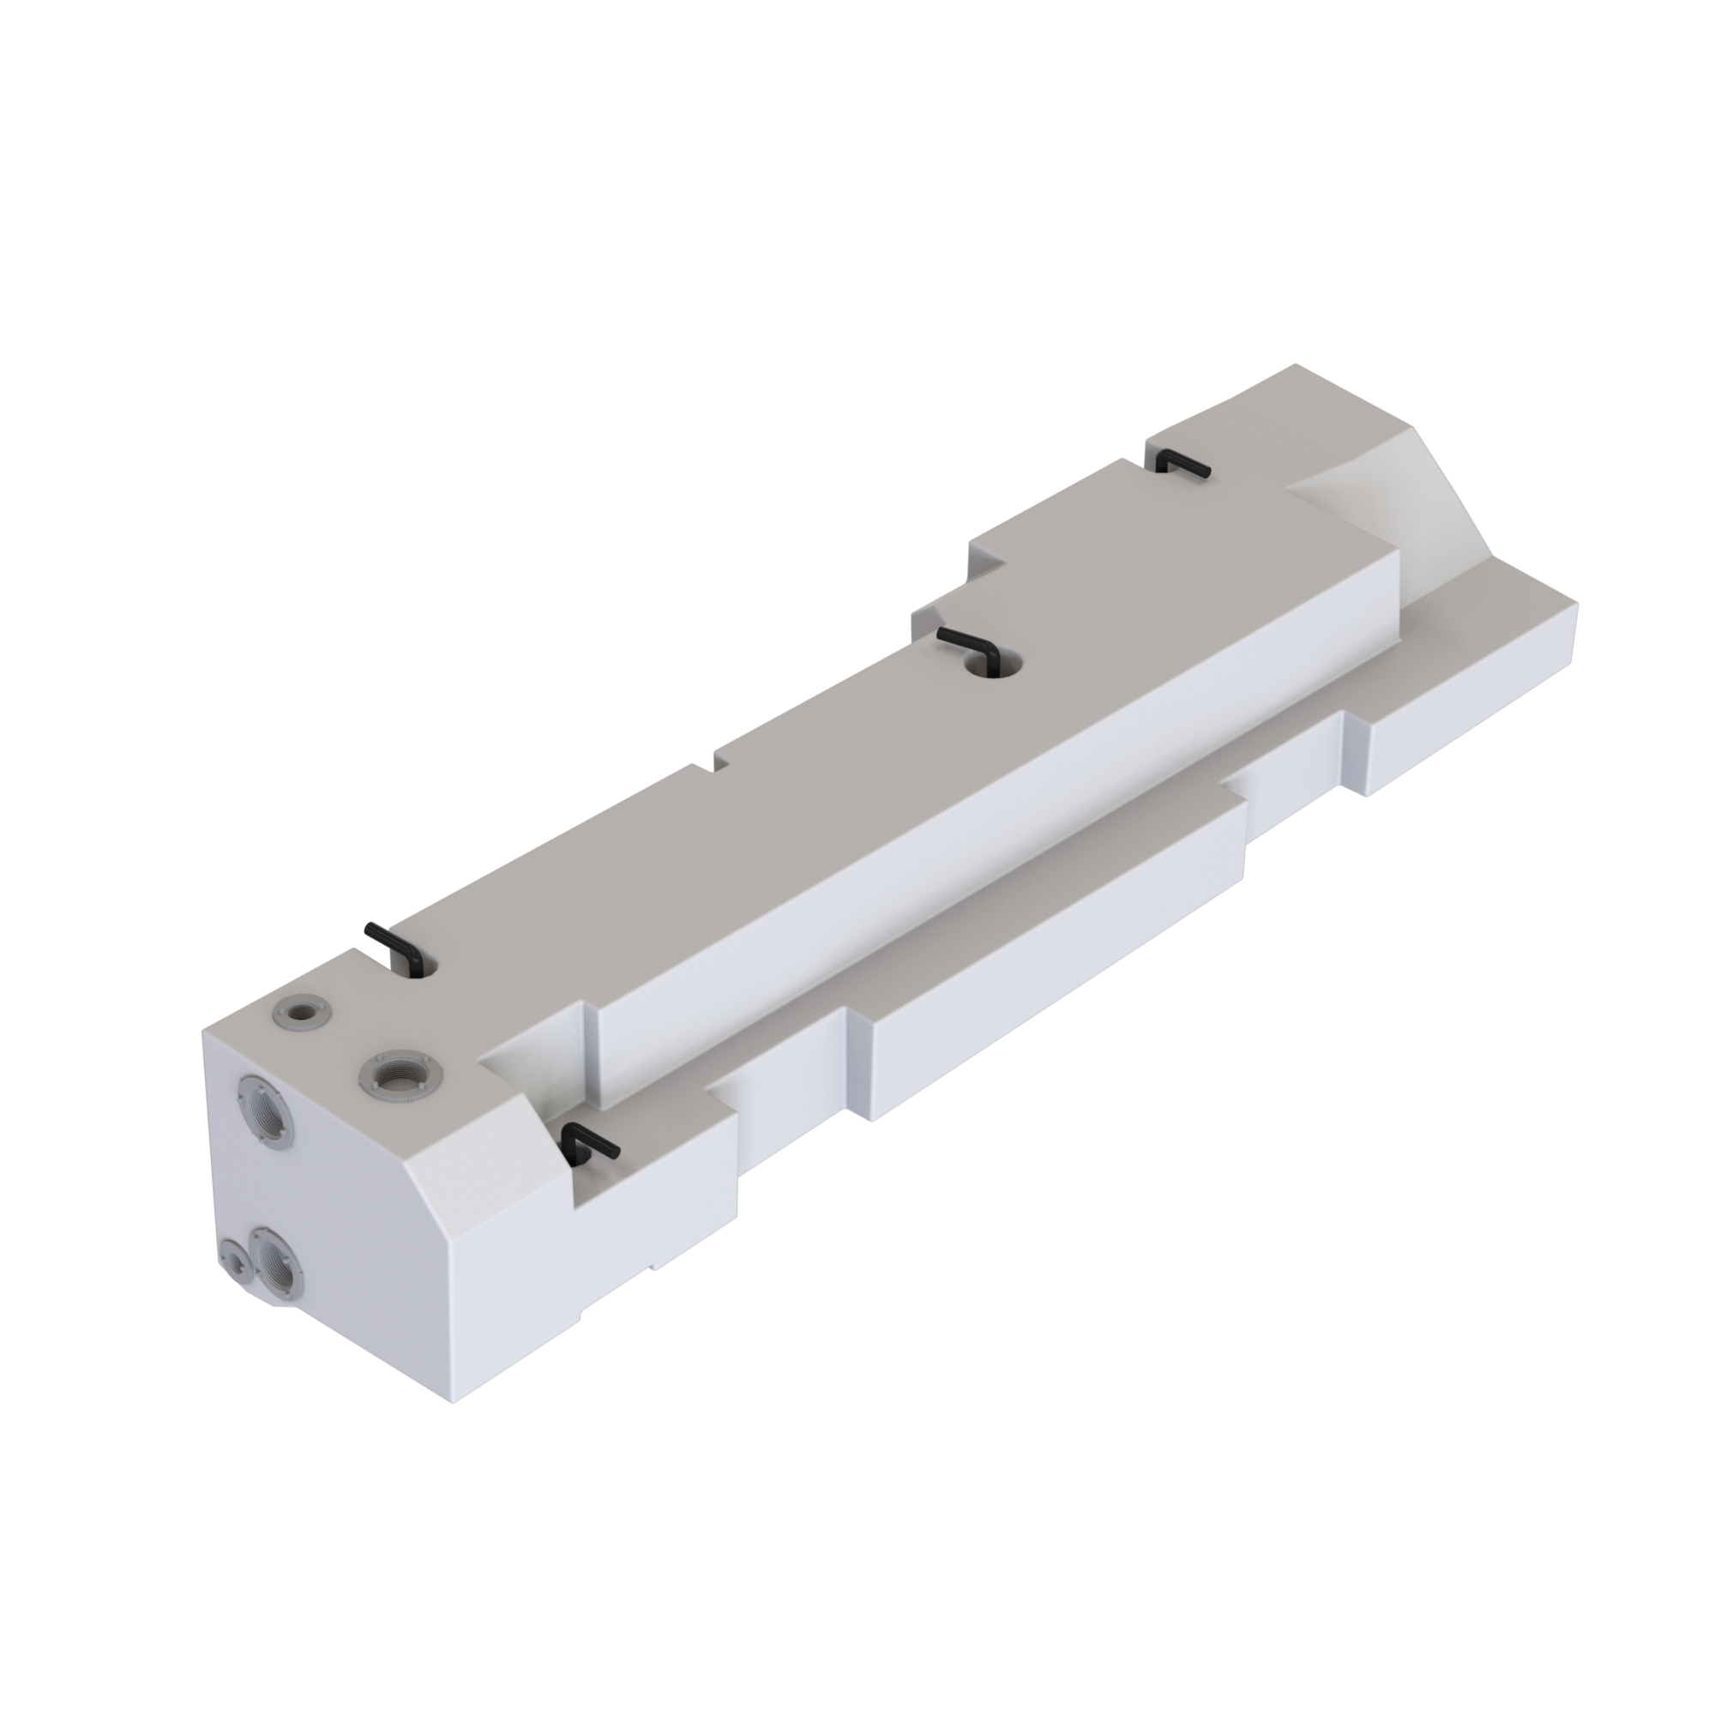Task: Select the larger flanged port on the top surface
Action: coord(400,1077)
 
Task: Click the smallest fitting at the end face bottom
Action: coord(235,1260)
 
